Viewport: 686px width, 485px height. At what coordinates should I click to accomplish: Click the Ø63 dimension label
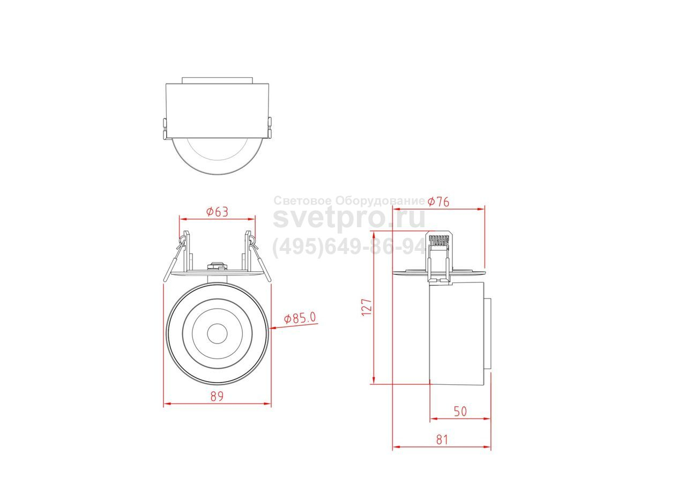pos(217,212)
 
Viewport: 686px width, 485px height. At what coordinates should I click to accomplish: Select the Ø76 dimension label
pos(438,202)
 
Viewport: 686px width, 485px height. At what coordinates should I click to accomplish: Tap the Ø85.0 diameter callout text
pos(300,318)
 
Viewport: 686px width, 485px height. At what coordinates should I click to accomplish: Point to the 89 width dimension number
pos(217,397)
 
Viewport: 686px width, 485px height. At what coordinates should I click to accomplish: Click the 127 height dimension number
pos(367,307)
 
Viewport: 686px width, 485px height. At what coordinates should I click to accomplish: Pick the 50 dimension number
pos(460,412)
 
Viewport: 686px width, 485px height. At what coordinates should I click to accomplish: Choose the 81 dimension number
pos(442,440)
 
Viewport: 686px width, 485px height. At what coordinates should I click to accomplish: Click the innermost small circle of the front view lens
pos(217,334)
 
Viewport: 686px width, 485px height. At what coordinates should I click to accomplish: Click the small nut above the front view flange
pos(217,265)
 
